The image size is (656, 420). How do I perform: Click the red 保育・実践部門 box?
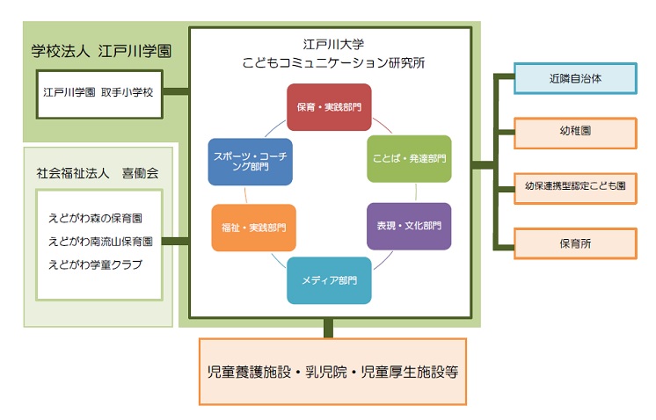[329, 107]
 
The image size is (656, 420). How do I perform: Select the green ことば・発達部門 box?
[408, 159]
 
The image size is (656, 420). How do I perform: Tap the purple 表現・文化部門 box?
[408, 226]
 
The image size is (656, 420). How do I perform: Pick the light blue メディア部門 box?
[329, 280]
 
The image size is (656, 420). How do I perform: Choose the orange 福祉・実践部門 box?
[253, 228]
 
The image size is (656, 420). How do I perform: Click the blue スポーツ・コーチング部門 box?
[250, 161]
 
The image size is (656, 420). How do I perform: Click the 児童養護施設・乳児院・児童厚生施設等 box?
[332, 372]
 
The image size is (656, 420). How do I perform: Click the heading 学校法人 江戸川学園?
[100, 52]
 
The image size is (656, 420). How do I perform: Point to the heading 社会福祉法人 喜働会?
[98, 174]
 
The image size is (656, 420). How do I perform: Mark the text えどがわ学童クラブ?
[95, 264]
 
